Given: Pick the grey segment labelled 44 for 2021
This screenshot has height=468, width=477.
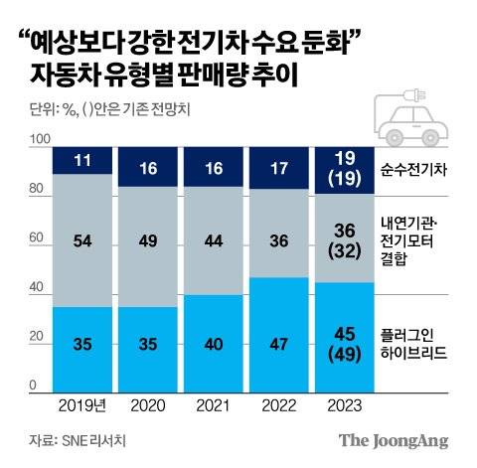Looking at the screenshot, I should pyautogui.click(x=212, y=239).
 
